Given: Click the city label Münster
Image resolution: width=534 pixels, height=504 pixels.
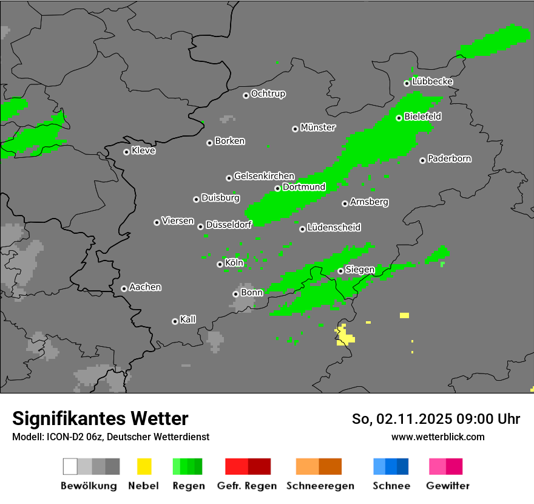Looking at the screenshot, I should (x=318, y=128).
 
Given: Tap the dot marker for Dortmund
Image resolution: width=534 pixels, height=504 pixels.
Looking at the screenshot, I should (x=277, y=188).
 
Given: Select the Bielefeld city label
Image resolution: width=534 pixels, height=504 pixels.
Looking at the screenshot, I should (x=422, y=117).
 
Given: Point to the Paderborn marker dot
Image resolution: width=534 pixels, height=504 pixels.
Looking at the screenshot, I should (x=422, y=160).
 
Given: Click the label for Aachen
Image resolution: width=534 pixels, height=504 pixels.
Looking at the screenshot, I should (x=145, y=287).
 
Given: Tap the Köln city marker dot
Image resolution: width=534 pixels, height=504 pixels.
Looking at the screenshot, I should (x=220, y=264).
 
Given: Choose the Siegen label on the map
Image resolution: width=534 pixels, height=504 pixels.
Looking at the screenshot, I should (x=360, y=270).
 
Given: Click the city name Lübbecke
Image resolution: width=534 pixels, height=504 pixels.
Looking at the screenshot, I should (x=432, y=81).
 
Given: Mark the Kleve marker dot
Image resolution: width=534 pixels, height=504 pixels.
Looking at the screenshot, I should (x=126, y=152).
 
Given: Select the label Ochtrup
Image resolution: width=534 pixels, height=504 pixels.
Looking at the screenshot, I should (x=268, y=94).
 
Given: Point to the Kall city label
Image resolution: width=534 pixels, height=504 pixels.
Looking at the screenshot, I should (x=188, y=319).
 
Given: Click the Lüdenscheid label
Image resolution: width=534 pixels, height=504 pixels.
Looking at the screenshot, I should (x=334, y=228).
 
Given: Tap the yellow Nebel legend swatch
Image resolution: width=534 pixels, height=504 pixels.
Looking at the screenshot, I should (x=144, y=466).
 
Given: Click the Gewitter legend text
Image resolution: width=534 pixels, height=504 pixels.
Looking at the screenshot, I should (x=448, y=486).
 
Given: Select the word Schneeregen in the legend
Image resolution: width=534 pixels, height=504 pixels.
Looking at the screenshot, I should (x=320, y=486).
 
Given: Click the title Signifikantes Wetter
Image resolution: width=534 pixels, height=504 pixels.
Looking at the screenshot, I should (x=100, y=418).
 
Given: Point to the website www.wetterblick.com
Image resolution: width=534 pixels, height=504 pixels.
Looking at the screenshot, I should (x=438, y=437).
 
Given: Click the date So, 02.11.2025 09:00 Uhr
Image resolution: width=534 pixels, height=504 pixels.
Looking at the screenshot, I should (x=436, y=419).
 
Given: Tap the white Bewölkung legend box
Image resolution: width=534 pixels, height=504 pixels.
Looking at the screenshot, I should (x=70, y=466).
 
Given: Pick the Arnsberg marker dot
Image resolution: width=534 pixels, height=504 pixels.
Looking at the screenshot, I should (x=345, y=203).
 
